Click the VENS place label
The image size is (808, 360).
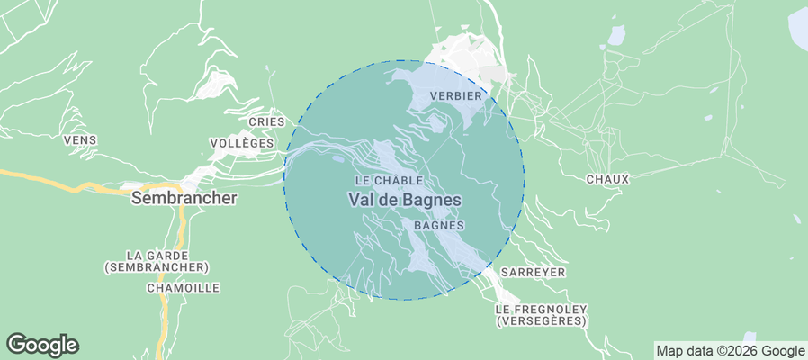[x=80, y=140]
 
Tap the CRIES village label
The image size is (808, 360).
[x=266, y=121]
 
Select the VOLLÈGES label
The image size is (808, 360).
[x=241, y=143]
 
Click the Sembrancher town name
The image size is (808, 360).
[x=184, y=198]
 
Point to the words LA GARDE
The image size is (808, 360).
[x=157, y=255]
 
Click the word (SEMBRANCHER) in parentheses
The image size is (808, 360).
[x=157, y=267]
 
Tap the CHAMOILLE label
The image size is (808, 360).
[x=183, y=288]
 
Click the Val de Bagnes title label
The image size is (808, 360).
[x=404, y=200]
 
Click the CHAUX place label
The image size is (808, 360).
[x=607, y=179]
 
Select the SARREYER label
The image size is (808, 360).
[x=534, y=271]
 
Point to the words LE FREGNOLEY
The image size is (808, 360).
[x=541, y=308]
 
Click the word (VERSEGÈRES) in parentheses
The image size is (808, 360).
[x=541, y=320]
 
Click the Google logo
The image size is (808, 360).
[x=42, y=344]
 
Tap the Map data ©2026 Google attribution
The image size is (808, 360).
[x=730, y=351]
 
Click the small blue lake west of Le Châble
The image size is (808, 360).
[x=337, y=159]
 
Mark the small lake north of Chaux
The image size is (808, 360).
[x=616, y=35]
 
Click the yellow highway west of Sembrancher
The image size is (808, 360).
[x=54, y=180]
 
